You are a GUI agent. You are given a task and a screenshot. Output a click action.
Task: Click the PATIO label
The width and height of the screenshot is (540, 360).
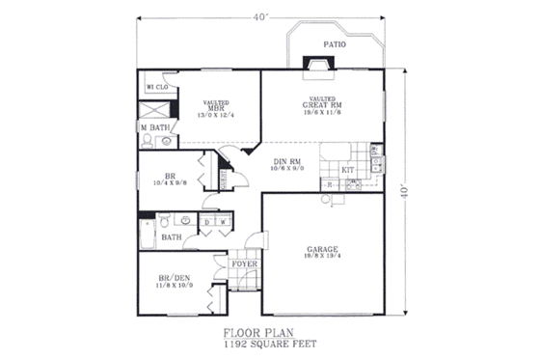tap(335, 43)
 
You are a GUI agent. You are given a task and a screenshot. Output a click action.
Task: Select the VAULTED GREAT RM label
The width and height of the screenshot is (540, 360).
tap(322, 103)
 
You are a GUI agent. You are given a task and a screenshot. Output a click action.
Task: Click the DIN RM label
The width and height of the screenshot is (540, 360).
tap(288, 162)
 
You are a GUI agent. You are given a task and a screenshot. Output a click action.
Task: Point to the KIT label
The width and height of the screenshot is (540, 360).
tap(349, 170)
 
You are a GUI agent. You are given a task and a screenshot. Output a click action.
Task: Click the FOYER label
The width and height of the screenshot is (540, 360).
tap(243, 262)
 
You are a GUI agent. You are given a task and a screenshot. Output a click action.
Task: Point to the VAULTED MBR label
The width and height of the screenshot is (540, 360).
tap(214, 107)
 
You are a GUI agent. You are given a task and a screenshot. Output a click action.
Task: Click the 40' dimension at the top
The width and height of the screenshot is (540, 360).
tap(262, 16)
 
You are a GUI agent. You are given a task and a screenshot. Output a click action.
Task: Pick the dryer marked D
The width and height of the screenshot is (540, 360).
tap(207, 221)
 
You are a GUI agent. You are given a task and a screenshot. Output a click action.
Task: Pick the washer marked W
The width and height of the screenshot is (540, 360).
tap(222, 221)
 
